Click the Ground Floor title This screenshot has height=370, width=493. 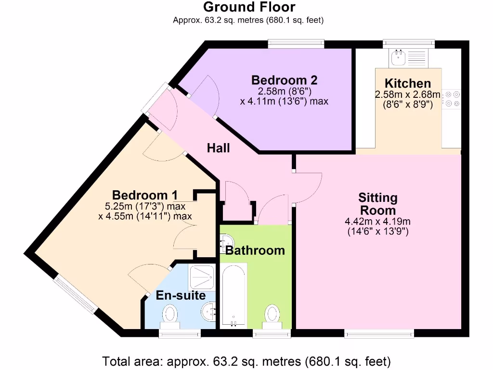tap(249, 7)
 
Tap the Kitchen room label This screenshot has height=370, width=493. tap(407, 83)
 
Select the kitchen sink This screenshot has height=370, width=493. tap(399, 58)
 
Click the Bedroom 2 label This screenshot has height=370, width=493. tap(284, 80)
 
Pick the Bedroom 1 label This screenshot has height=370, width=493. tap(144, 195)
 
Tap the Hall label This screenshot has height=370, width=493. tap(218, 148)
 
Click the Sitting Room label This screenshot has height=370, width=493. tap(378, 204)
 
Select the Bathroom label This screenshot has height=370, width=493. tap(255, 251)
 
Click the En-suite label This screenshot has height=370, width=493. tap(181, 295)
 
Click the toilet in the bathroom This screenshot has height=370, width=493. tap(272, 315)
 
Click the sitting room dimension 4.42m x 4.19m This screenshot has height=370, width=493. tap(378, 222)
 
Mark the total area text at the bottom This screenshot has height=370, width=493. tap(246, 360)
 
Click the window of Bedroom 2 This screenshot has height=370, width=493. tap(296, 44)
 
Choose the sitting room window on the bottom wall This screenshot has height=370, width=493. tap(379, 333)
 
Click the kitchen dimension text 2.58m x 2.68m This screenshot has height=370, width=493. tap(407, 94)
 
